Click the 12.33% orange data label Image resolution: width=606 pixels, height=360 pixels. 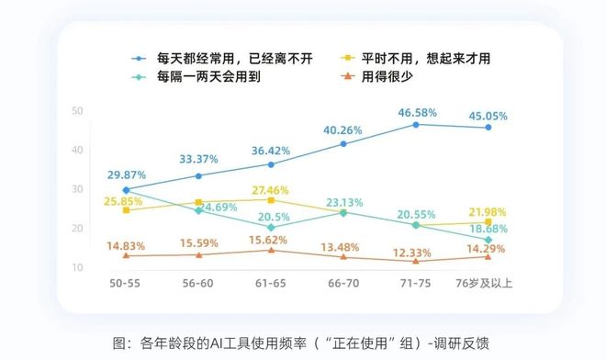tap(415, 253)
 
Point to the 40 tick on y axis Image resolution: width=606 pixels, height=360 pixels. tap(77, 150)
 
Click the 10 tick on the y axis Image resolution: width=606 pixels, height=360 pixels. tap(77, 267)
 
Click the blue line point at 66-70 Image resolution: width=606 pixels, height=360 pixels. tap(343, 144)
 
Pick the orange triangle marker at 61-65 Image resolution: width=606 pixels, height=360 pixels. tap(271, 250)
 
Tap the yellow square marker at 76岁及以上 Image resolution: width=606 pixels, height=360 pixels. tap(488, 222)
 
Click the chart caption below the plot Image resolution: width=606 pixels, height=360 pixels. tap(303, 342)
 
